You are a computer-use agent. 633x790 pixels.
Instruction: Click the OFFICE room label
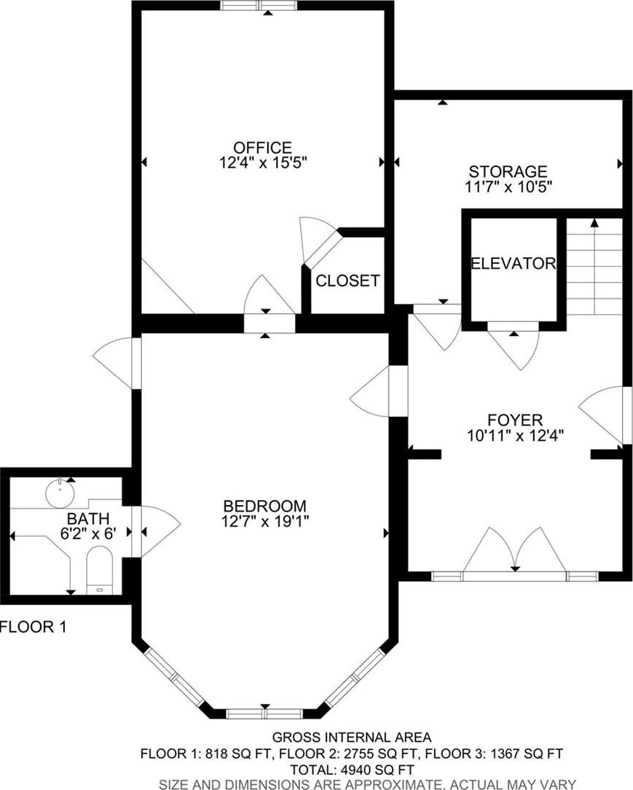pos(262,148)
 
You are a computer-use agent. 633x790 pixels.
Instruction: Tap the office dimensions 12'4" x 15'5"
pos(263,163)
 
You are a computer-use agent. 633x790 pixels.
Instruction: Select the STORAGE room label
pos(508,172)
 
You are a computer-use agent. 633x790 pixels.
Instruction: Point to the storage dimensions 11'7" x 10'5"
pos(508,187)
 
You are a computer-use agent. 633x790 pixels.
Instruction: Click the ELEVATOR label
pos(513,263)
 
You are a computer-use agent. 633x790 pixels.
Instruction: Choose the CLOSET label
pos(347,281)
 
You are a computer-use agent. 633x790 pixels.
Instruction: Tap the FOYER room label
pos(515,420)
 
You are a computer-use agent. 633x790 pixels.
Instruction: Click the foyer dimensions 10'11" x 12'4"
pos(515,435)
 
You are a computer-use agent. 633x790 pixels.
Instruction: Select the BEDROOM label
pos(265,506)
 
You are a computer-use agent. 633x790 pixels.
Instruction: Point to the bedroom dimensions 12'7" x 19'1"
pos(265,521)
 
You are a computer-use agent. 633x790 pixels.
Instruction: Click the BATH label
pos(88,518)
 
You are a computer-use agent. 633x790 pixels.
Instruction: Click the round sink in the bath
pos(60,492)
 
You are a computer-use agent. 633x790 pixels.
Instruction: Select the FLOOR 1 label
pos(34,627)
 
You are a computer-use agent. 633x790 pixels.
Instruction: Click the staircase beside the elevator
pos(594,266)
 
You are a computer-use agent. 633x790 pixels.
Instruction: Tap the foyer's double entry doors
pos(514,552)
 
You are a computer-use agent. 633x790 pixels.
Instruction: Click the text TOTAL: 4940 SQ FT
pos(352,770)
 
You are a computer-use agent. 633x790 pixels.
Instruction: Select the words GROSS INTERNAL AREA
pos(352,738)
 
